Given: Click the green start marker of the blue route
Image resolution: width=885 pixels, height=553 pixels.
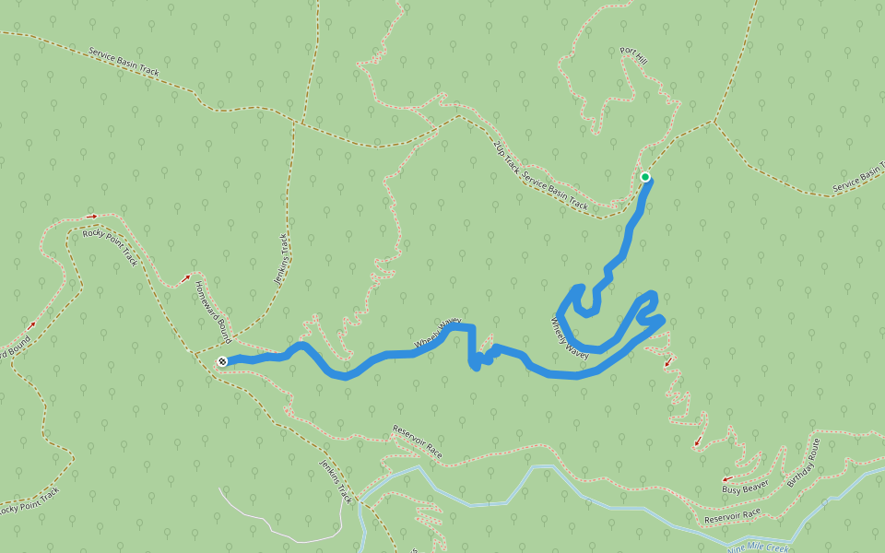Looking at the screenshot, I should (x=645, y=177).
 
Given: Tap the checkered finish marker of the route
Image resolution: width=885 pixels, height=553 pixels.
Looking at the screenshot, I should (x=222, y=362).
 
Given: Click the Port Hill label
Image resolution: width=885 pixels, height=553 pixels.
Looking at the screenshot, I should (x=634, y=57).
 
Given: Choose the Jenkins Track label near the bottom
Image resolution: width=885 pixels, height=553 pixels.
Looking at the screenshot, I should (x=336, y=480).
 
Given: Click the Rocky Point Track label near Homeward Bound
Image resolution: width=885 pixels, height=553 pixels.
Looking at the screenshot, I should (x=110, y=247).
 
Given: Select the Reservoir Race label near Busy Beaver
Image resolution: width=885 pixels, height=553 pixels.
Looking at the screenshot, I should (x=732, y=516).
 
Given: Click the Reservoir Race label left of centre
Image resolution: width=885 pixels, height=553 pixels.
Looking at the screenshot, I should (x=418, y=441).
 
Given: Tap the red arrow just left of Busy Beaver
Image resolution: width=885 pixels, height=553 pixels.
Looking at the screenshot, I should (x=726, y=478).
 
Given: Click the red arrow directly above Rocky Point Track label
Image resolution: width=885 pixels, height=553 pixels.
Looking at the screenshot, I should (x=90, y=217).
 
